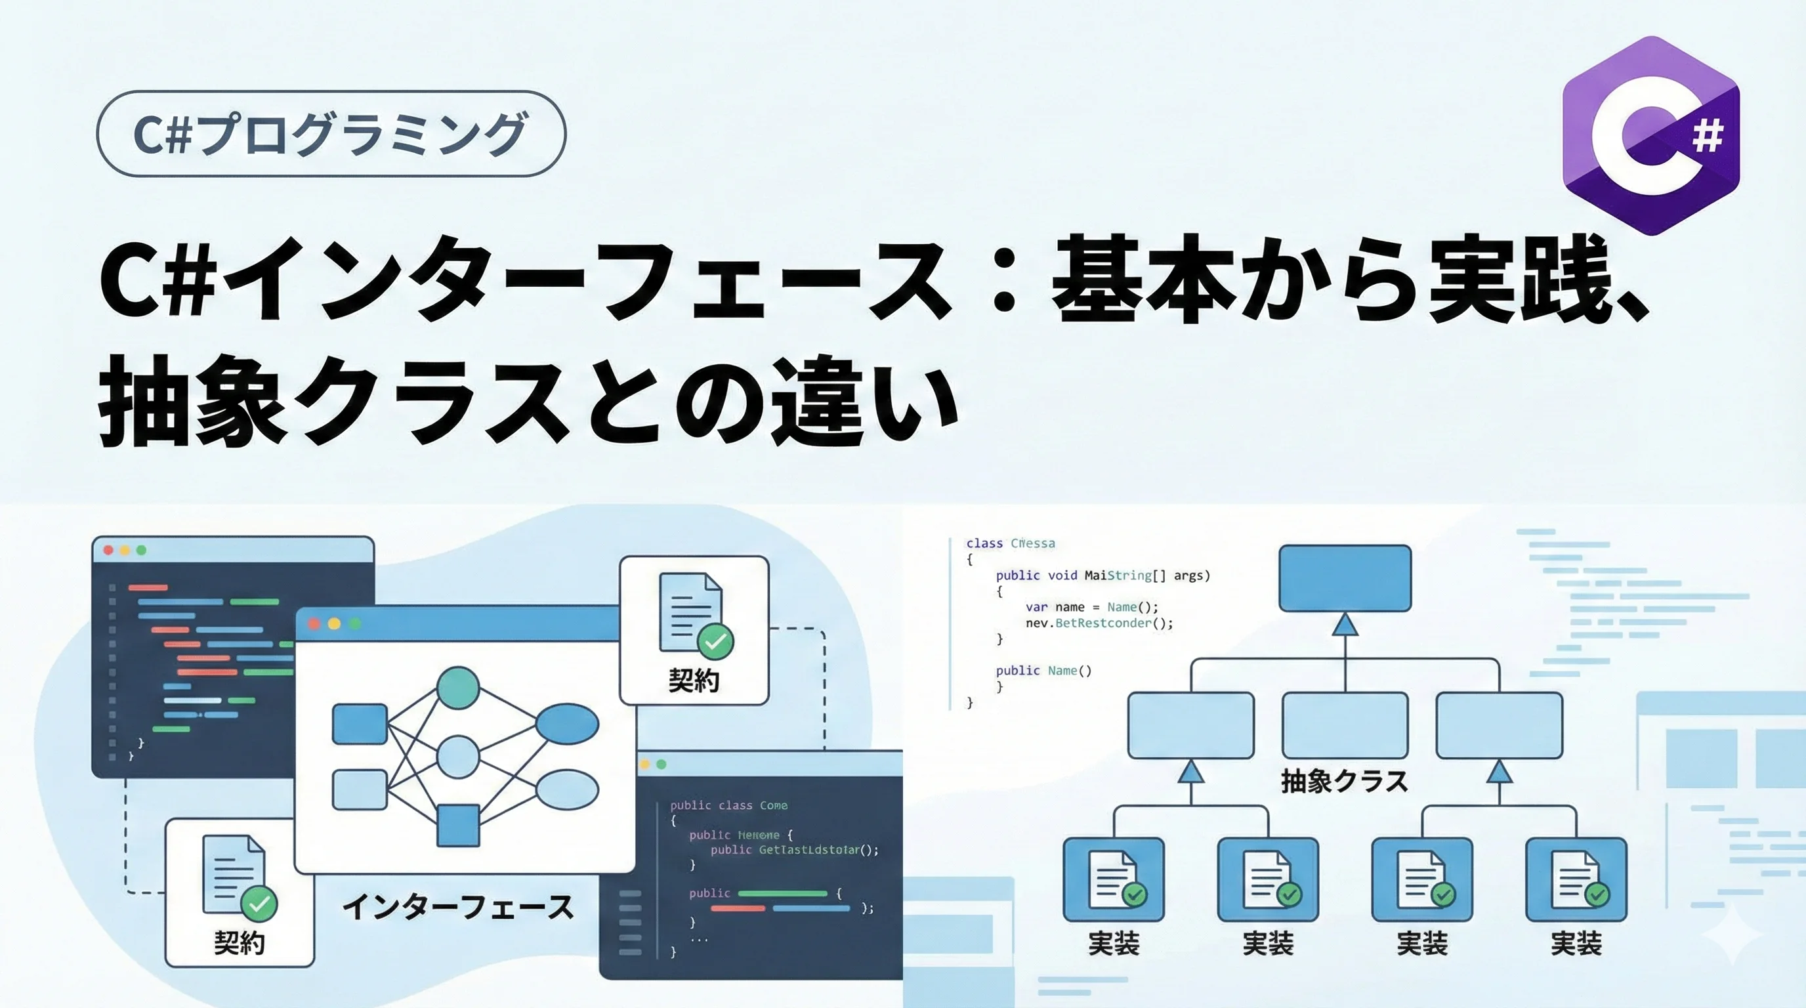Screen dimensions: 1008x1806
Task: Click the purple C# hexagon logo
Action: [1651, 135]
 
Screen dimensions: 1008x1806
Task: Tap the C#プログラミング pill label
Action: [330, 133]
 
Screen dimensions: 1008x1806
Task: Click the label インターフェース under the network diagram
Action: [458, 907]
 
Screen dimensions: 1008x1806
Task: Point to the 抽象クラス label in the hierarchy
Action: [1344, 781]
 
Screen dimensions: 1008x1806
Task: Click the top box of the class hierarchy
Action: [1345, 578]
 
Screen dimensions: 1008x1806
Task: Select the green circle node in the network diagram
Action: [458, 688]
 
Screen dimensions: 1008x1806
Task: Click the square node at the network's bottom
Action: [459, 825]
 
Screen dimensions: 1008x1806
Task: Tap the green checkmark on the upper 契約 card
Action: [715, 641]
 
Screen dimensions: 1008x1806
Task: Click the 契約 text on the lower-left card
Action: [240, 944]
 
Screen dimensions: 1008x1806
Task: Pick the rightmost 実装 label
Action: [1576, 944]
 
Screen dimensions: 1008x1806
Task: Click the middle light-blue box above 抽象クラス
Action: [1345, 724]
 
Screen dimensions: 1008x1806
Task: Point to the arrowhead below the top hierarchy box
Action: [1345, 625]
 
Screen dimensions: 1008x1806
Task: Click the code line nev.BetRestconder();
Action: [1099, 623]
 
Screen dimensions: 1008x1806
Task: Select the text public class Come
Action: [728, 805]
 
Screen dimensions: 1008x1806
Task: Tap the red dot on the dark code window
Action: [109, 550]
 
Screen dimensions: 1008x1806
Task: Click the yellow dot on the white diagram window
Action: [335, 624]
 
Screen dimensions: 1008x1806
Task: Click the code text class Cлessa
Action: [1010, 543]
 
